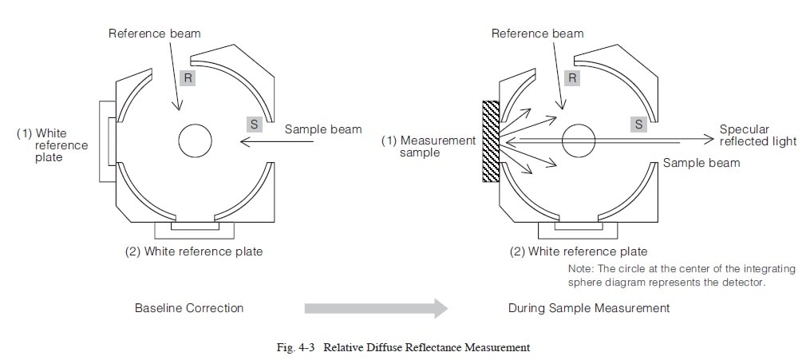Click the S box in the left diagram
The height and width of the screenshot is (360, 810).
pos(254,123)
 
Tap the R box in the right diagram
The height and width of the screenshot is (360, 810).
pos(571,77)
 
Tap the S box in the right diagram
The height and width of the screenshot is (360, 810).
pos(638,123)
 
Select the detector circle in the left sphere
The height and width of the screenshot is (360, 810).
pos(195,141)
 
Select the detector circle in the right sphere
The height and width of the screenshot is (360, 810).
pos(579,141)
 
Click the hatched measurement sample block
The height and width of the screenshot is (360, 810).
pos(491,140)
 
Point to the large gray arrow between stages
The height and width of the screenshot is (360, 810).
pos(375,307)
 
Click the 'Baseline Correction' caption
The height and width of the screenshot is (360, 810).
pos(189,307)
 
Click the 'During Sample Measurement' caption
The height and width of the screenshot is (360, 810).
pos(589,307)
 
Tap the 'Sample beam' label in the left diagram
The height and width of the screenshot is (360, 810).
pos(323,129)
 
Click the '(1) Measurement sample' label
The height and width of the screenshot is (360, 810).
pos(428,146)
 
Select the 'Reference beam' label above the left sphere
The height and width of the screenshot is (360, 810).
pos(154,34)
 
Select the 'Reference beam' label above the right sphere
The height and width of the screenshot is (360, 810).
pos(537,34)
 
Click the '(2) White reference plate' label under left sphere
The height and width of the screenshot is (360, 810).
pos(194,251)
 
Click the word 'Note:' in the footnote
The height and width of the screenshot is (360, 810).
pos(581,269)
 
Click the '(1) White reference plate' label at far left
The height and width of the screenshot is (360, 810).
pos(53,145)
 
